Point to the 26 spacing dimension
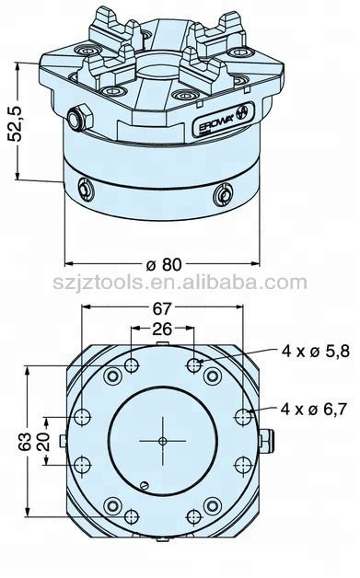tap(162, 329)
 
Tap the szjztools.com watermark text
tap(180, 283)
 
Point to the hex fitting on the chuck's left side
tap(77, 116)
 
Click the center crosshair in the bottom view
tap(162, 441)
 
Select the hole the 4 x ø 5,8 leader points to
tap(194, 366)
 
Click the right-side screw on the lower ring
tap(222, 195)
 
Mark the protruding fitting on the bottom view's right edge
tap(267, 440)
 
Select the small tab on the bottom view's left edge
tap(61, 440)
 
